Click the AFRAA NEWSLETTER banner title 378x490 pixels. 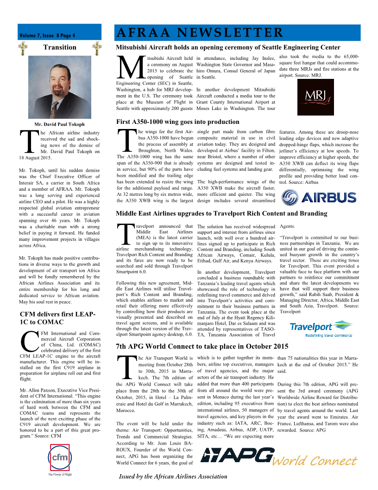click(x=200, y=33)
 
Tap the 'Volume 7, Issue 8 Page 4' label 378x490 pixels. click(x=47, y=36)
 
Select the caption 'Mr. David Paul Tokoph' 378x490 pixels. click(x=60, y=124)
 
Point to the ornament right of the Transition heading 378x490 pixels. click(x=97, y=47)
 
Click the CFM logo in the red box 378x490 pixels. click(x=60, y=457)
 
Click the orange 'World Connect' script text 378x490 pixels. click(x=315, y=461)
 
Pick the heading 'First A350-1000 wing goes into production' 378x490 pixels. click(x=177, y=122)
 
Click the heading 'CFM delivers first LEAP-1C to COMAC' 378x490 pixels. click(x=57, y=318)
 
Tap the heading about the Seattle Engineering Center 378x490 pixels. click(x=228, y=47)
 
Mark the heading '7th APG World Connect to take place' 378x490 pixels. click(x=202, y=346)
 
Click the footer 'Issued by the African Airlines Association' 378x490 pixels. click(x=173, y=476)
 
